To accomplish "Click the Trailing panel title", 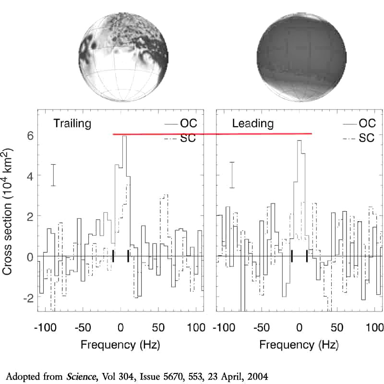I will tap(72, 123).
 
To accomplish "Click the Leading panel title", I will tap(252, 123).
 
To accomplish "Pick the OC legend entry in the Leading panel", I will tap(366, 123).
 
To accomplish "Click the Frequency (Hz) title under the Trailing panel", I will tap(120, 345).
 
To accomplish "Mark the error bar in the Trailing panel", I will tap(54, 175).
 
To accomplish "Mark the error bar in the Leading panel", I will tap(232, 175).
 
